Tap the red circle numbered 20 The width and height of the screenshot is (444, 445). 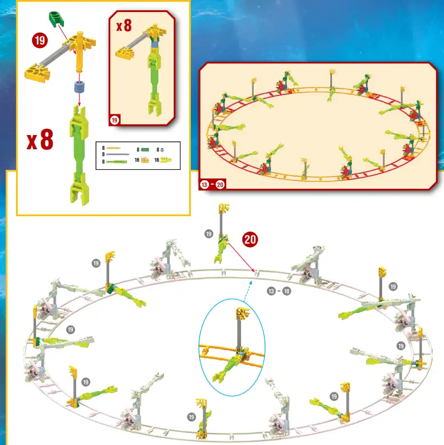click(x=250, y=239)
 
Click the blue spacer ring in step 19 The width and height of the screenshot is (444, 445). click(x=78, y=88)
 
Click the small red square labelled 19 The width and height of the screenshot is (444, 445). click(x=114, y=120)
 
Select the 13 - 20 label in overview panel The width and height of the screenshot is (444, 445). click(x=213, y=184)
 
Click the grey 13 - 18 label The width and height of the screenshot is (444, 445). click(x=279, y=291)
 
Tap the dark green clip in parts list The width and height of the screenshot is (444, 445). click(x=145, y=149)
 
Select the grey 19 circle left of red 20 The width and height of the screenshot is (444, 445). click(x=209, y=233)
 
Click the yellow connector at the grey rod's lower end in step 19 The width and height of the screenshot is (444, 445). click(x=36, y=72)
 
